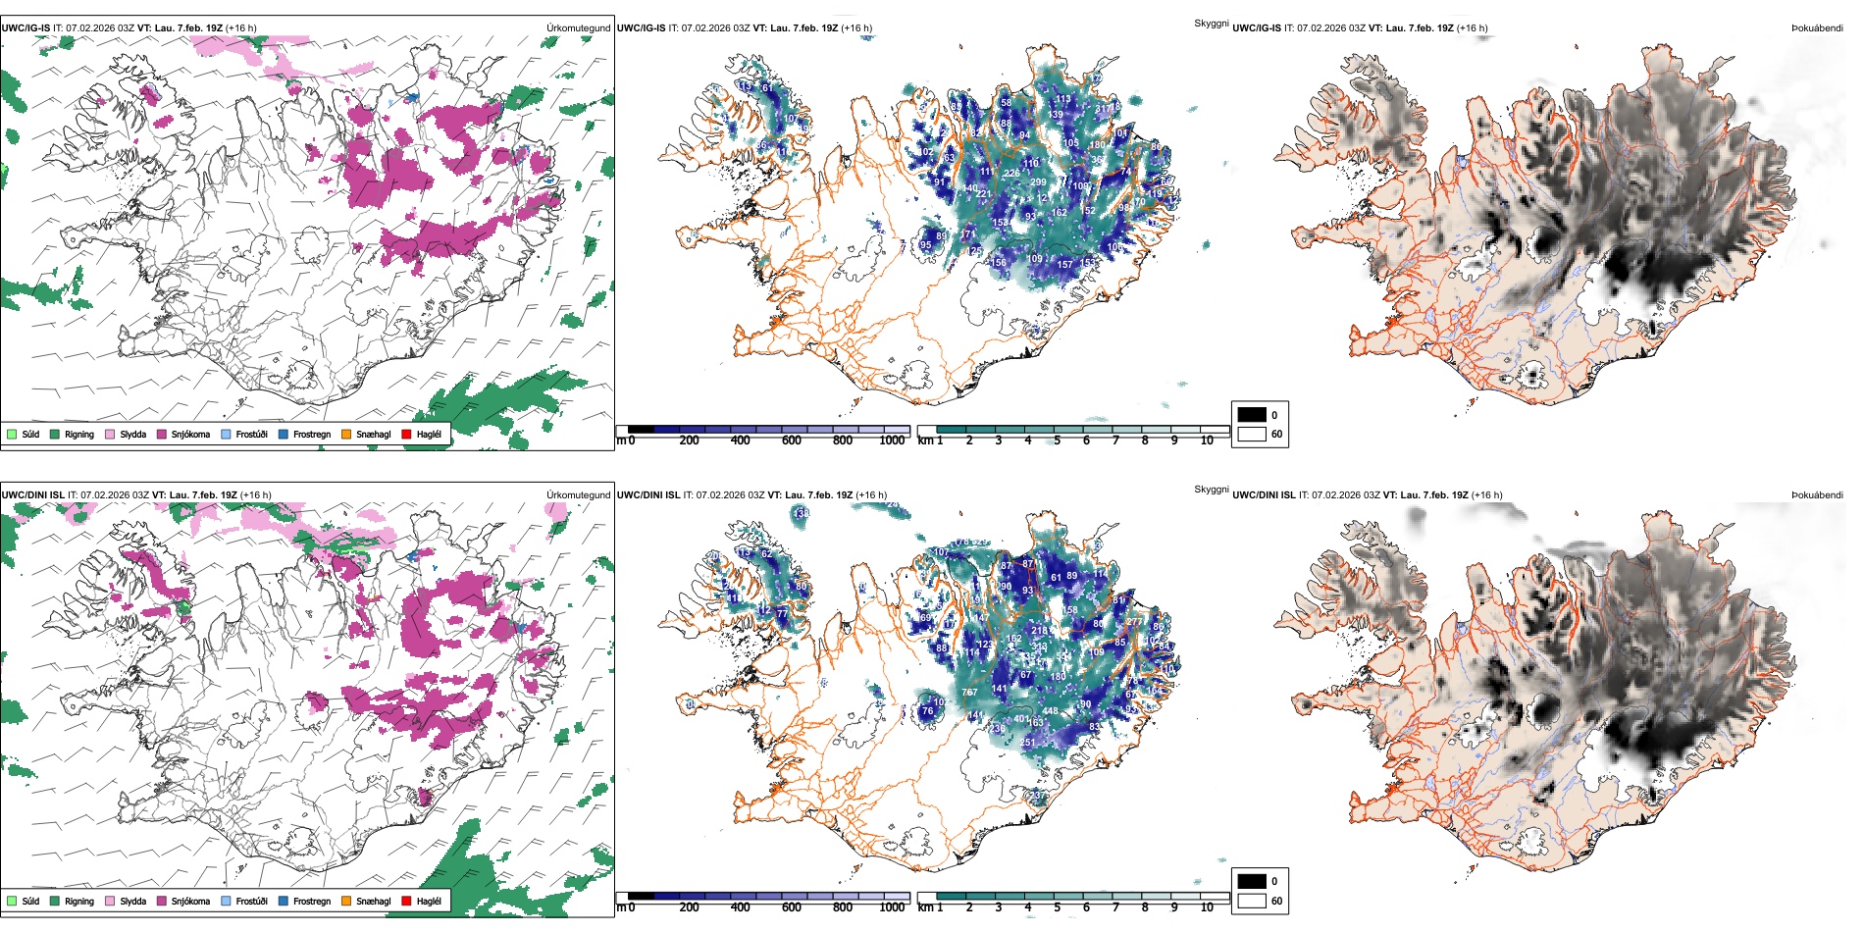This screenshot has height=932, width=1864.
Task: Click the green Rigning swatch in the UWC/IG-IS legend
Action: [x=55, y=434]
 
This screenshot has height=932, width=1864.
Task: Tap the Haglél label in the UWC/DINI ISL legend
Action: [x=429, y=901]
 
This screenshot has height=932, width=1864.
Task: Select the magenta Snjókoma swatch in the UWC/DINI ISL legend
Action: [x=162, y=901]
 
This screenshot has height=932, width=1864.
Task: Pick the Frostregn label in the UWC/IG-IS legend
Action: [x=312, y=434]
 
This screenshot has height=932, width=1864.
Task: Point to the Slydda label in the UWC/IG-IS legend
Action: [x=133, y=434]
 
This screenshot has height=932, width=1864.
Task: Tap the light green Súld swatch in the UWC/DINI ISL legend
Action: [x=12, y=901]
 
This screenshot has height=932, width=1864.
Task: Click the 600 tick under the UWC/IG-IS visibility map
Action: [x=791, y=440]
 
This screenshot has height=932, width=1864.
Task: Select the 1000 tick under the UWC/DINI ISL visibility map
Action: [x=892, y=907]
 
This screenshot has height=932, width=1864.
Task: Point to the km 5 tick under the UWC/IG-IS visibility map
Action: [x=1057, y=440]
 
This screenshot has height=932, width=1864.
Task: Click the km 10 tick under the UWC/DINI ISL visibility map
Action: [x=1207, y=907]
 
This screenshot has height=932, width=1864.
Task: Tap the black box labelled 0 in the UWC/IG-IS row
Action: [x=1252, y=414]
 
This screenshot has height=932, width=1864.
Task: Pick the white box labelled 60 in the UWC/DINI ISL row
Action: [x=1252, y=901]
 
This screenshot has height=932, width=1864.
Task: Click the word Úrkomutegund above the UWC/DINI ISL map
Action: [x=578, y=495]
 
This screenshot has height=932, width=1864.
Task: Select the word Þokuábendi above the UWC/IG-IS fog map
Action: [x=1817, y=28]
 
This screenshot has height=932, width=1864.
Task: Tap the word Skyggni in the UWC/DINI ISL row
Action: [x=1211, y=490]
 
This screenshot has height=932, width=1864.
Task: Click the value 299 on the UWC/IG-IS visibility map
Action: [x=1038, y=182]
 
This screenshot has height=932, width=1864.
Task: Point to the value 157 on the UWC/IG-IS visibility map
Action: [x=1064, y=265]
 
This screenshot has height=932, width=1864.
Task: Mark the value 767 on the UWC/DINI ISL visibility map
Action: [x=968, y=693]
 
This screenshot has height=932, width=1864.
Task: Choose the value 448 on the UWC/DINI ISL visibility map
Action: [x=1050, y=711]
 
